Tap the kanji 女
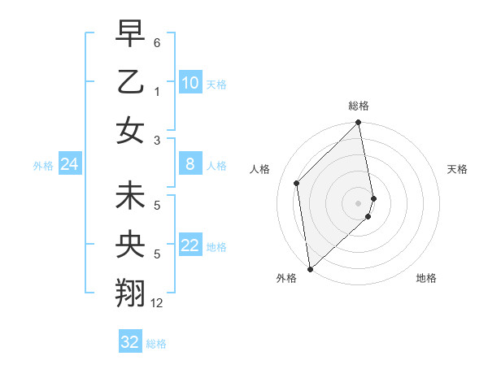click(x=131, y=130)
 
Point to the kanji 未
click(x=131, y=197)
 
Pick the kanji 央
click(x=131, y=245)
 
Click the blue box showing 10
click(x=190, y=83)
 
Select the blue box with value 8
click(x=190, y=164)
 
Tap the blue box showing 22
click(x=190, y=245)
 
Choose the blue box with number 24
click(x=69, y=165)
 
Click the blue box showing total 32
click(x=130, y=342)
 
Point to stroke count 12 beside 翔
click(x=157, y=303)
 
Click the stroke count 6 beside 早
click(x=157, y=41)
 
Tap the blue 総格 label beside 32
click(x=156, y=344)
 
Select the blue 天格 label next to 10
click(x=216, y=85)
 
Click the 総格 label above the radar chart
click(x=359, y=106)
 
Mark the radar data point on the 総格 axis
click(x=359, y=124)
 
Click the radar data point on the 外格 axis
click(x=310, y=269)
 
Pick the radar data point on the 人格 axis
click(x=297, y=183)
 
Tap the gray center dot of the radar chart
click(x=359, y=202)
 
